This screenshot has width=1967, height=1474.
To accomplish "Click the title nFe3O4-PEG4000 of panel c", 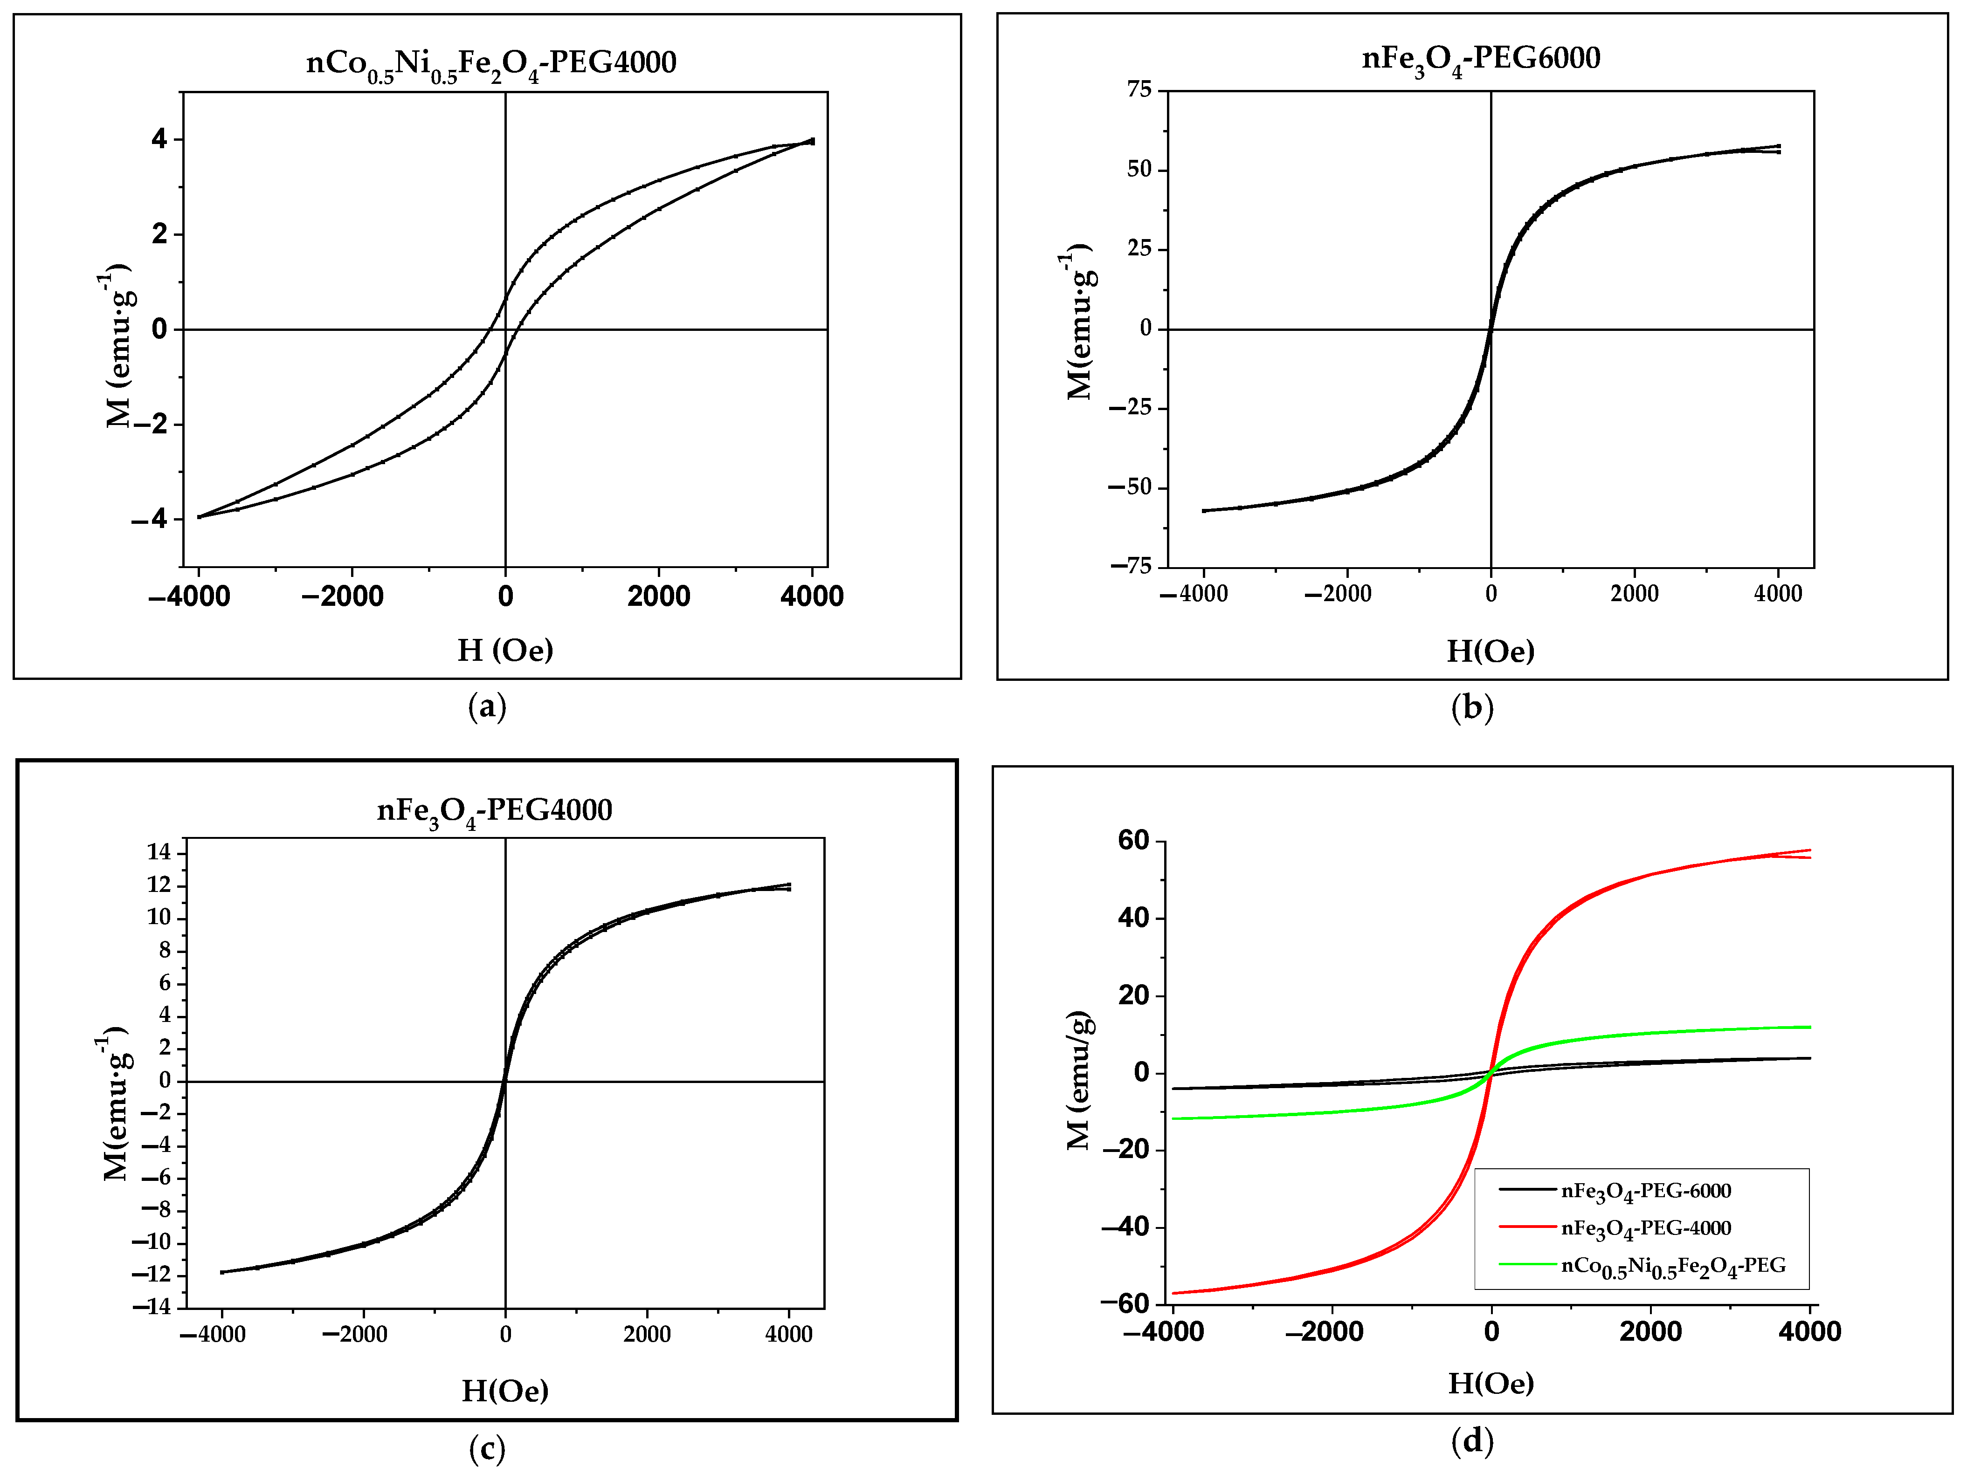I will (x=494, y=811).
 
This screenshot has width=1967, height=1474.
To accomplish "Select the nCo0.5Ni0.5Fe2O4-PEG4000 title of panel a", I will (x=491, y=63).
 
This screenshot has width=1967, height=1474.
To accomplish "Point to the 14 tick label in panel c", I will (x=159, y=853).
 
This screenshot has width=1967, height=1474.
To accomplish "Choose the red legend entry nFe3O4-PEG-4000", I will (x=1645, y=1228).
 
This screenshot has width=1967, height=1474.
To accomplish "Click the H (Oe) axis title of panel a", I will (x=505, y=651).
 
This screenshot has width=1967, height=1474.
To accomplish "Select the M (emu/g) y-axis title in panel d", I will (x=1079, y=1080).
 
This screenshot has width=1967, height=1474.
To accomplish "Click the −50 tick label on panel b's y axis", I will (x=1129, y=487).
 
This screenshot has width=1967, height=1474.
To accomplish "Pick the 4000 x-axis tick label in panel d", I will (x=1809, y=1332).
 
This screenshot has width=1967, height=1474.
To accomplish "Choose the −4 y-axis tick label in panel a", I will (x=149, y=519).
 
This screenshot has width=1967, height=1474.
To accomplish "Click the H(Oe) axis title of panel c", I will (x=505, y=1392).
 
